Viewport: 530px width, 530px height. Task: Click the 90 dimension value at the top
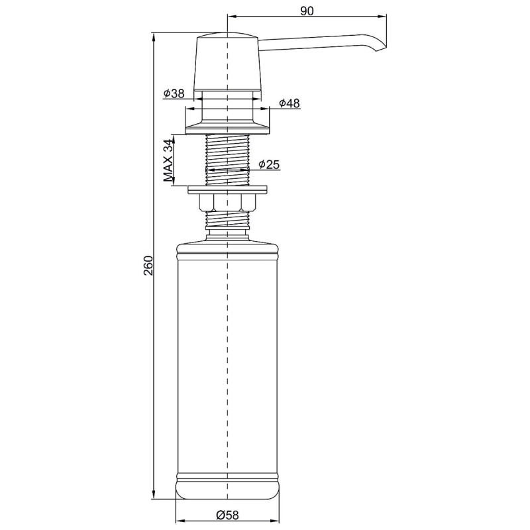coord(307,11)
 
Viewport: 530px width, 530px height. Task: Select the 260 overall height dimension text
coord(148,266)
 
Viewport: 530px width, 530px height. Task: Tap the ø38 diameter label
coord(174,93)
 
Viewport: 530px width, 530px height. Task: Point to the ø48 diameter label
coord(290,103)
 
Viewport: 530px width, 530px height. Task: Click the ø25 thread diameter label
coord(270,164)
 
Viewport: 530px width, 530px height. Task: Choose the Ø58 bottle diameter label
coord(227,515)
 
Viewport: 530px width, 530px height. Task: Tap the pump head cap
coord(227,62)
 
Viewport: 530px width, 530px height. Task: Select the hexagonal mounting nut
coord(227,203)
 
